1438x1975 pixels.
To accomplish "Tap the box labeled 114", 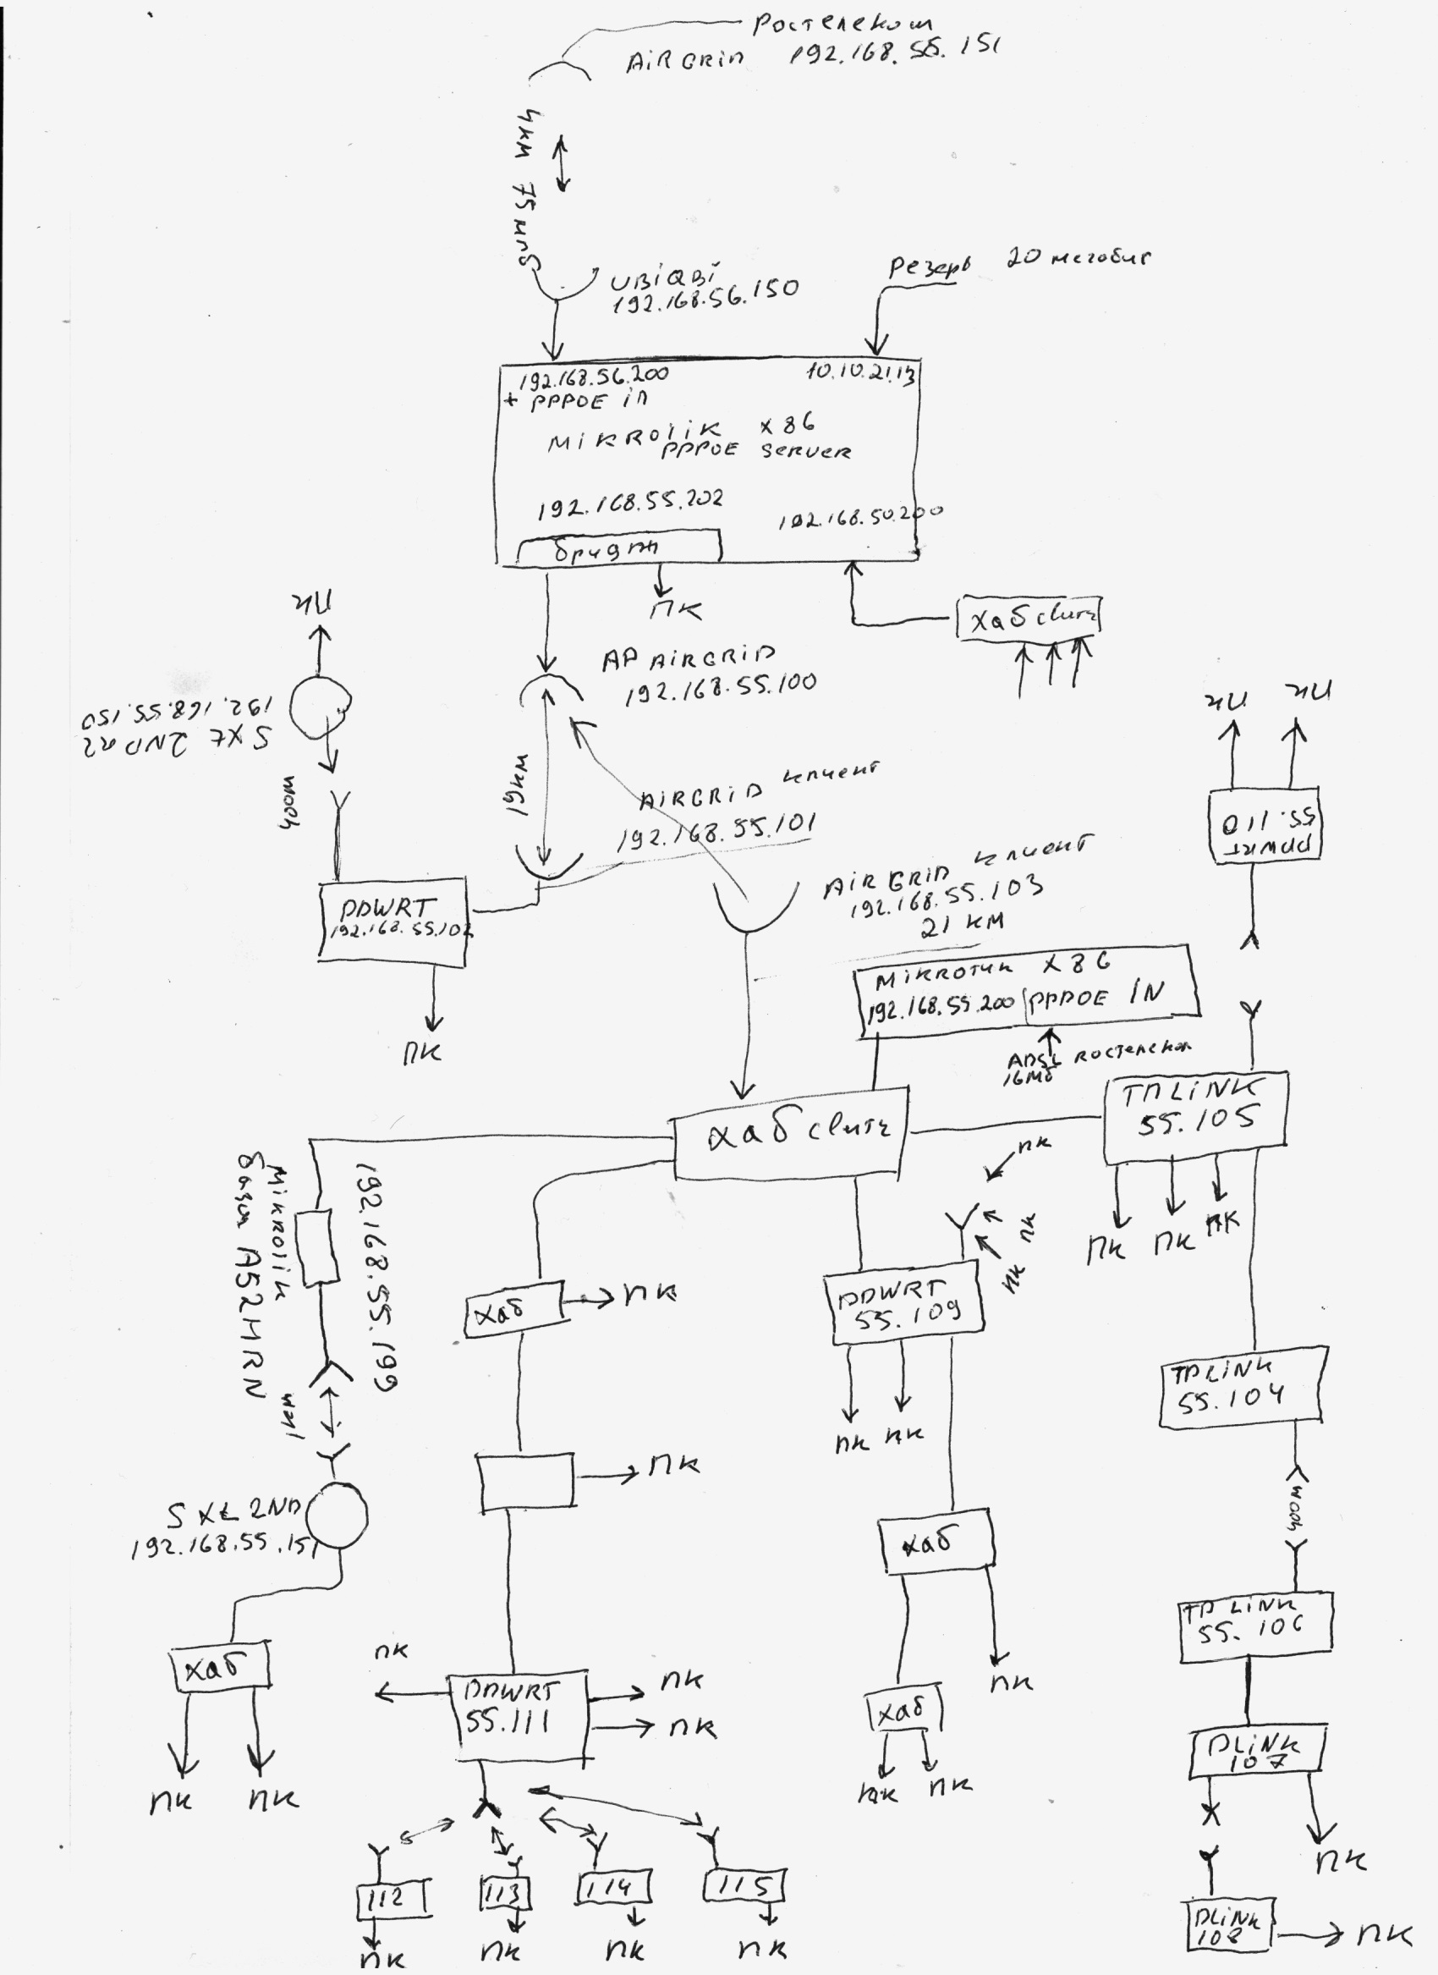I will (615, 1887).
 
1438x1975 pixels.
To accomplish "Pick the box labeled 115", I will (745, 1886).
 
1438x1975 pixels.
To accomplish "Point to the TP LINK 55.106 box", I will (1254, 1626).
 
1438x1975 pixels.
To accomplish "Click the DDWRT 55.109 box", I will (903, 1307).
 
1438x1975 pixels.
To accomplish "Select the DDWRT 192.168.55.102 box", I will (392, 921).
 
